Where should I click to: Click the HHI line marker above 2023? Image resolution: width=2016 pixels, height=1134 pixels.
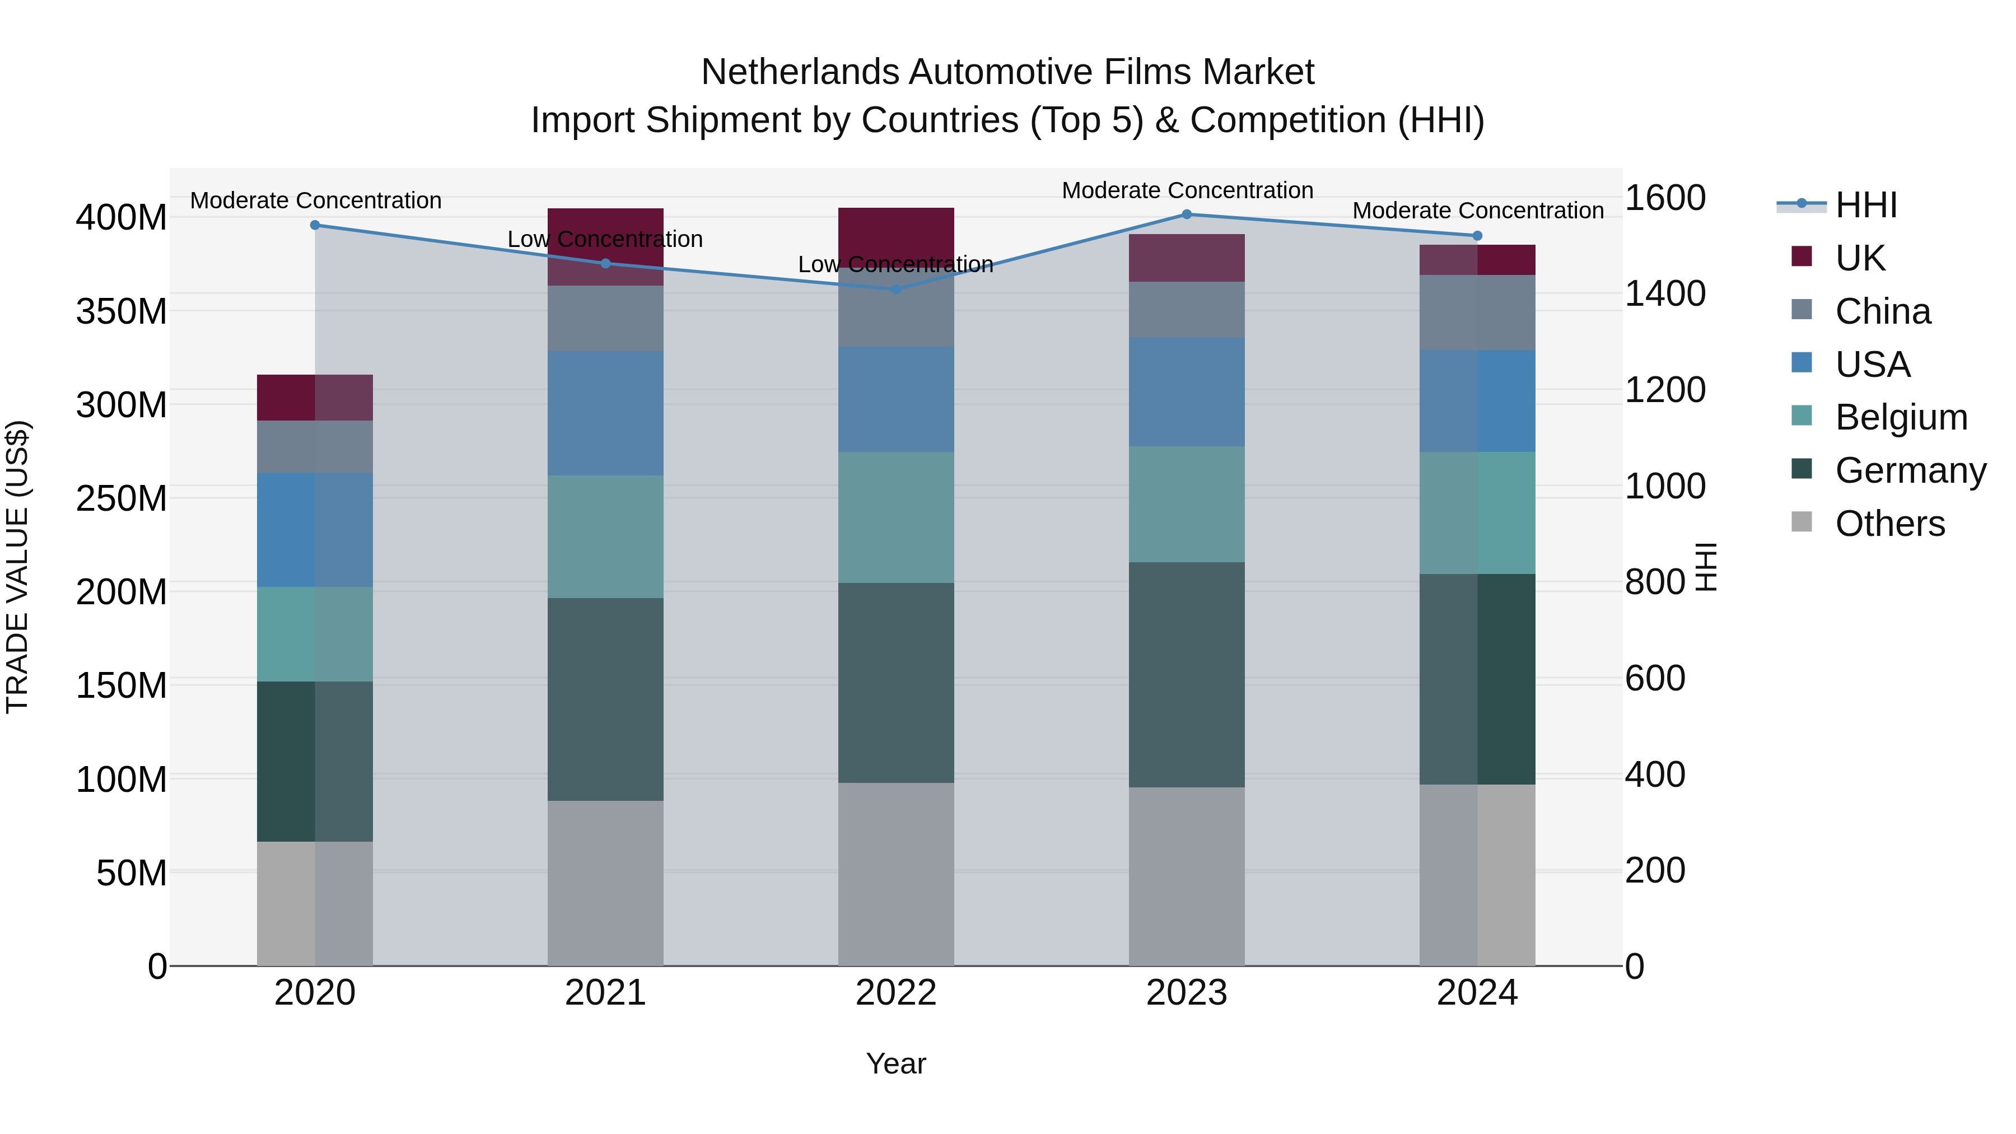(x=1187, y=214)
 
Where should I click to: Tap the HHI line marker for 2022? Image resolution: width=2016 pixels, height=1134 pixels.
(x=896, y=289)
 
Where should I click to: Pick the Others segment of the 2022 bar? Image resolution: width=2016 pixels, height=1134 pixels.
(x=896, y=874)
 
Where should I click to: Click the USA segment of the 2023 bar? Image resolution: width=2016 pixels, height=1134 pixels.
(x=1187, y=392)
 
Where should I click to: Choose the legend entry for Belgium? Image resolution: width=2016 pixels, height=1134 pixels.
(x=1900, y=417)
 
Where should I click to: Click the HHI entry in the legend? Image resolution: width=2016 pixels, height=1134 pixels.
(x=1865, y=205)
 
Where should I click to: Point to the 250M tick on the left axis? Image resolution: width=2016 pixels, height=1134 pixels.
(x=122, y=498)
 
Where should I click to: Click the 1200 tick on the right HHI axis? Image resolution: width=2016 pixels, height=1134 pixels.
(x=1665, y=390)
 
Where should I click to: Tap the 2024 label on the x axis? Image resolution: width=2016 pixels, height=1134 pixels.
(x=1477, y=993)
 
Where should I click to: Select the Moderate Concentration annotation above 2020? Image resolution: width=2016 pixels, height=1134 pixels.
(x=315, y=200)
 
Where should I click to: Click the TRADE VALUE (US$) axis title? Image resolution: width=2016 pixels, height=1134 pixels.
(x=17, y=567)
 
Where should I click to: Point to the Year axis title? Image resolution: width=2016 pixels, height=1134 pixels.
(x=896, y=1063)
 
